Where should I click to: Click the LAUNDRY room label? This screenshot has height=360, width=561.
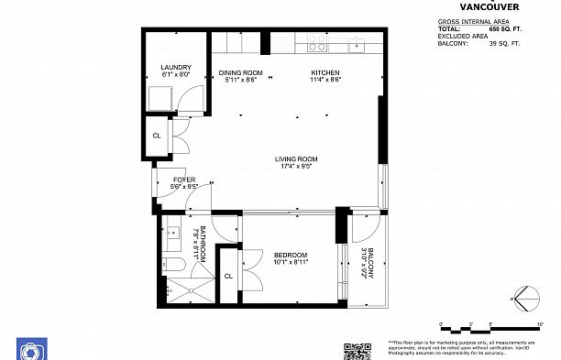[175, 68]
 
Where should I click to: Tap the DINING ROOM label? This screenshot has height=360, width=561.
[241, 72]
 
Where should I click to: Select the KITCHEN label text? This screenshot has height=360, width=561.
[325, 72]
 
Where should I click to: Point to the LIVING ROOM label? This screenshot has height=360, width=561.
[296, 159]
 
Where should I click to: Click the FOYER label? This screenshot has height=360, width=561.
[185, 180]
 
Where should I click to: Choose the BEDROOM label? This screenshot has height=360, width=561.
[290, 255]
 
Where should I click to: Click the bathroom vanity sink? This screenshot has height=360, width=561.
[172, 235]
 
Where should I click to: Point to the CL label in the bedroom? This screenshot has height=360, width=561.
[228, 275]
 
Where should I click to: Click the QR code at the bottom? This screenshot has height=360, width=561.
[357, 351]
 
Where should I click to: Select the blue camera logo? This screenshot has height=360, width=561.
[30, 350]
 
